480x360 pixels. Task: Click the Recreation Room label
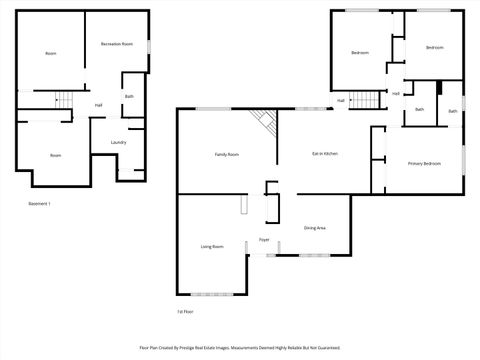117,45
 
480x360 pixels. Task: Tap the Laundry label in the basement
118,142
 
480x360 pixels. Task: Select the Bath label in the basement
129,97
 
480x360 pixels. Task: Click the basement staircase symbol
64,99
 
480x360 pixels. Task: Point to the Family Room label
227,154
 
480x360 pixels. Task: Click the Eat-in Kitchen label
325,153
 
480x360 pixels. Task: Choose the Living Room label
211,246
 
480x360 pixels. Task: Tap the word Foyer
265,241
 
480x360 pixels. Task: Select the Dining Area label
314,228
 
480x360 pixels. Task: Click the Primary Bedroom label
424,163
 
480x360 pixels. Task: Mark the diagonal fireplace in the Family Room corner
264,121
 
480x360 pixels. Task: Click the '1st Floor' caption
185,312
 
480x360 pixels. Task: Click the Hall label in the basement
98,105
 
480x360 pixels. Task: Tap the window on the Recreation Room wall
149,46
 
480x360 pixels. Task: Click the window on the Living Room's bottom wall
210,294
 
